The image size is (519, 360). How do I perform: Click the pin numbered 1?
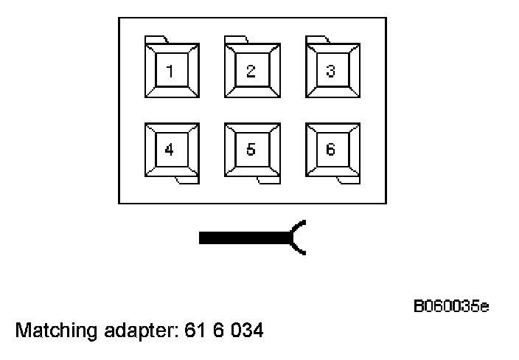(x=171, y=71)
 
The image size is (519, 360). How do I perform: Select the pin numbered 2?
(x=251, y=71)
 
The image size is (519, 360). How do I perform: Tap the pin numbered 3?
(x=332, y=71)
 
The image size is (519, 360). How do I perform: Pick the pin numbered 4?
(x=171, y=150)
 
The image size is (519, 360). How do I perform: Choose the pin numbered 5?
(x=251, y=150)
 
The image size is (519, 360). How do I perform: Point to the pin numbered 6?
(x=332, y=150)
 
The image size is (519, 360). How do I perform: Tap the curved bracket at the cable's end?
(x=298, y=237)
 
